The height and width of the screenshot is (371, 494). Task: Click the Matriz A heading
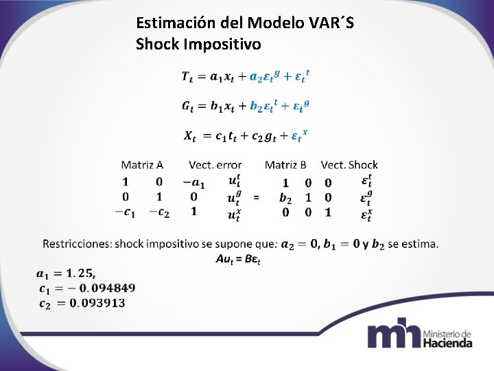point(142,165)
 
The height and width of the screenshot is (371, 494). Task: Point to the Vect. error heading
point(215,165)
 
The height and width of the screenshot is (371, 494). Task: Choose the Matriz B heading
point(285,165)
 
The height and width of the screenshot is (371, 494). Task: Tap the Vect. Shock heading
point(349,165)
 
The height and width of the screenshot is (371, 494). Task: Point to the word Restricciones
point(76,244)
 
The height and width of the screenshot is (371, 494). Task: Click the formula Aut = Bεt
point(237,258)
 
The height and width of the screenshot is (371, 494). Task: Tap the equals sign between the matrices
point(257,198)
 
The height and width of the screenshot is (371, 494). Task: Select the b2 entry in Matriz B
point(285,198)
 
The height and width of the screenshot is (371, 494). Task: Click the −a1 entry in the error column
point(193,182)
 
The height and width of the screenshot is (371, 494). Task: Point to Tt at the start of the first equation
point(187,76)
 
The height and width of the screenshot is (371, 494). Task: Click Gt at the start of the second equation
point(187,106)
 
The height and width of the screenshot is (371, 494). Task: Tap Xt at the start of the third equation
point(189,135)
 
